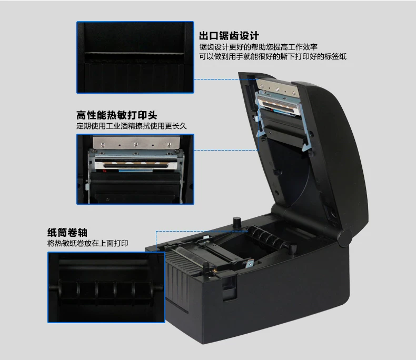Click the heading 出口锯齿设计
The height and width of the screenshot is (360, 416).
(229, 36)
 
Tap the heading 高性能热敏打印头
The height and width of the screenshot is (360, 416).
(117, 115)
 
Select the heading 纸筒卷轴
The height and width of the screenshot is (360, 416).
(67, 233)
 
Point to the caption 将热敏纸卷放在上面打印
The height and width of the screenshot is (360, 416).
(88, 243)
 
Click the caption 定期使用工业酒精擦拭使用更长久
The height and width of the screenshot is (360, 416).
(132, 126)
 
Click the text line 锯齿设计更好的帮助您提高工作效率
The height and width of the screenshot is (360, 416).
(259, 47)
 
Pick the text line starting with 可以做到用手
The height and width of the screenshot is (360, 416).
(273, 56)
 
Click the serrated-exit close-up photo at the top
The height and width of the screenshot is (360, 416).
(135, 57)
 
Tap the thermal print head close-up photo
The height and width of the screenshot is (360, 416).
(135, 169)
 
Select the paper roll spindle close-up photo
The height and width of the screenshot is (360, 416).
(106, 287)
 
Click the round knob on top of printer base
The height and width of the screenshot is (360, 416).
(236, 222)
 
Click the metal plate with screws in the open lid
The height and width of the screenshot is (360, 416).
(277, 88)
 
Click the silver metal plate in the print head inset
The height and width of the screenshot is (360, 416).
(136, 143)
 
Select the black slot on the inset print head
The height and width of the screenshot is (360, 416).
(136, 166)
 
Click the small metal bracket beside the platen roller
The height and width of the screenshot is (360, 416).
(250, 264)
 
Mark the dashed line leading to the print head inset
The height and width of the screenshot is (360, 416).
(226, 150)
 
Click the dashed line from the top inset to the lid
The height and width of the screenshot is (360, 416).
(226, 79)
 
